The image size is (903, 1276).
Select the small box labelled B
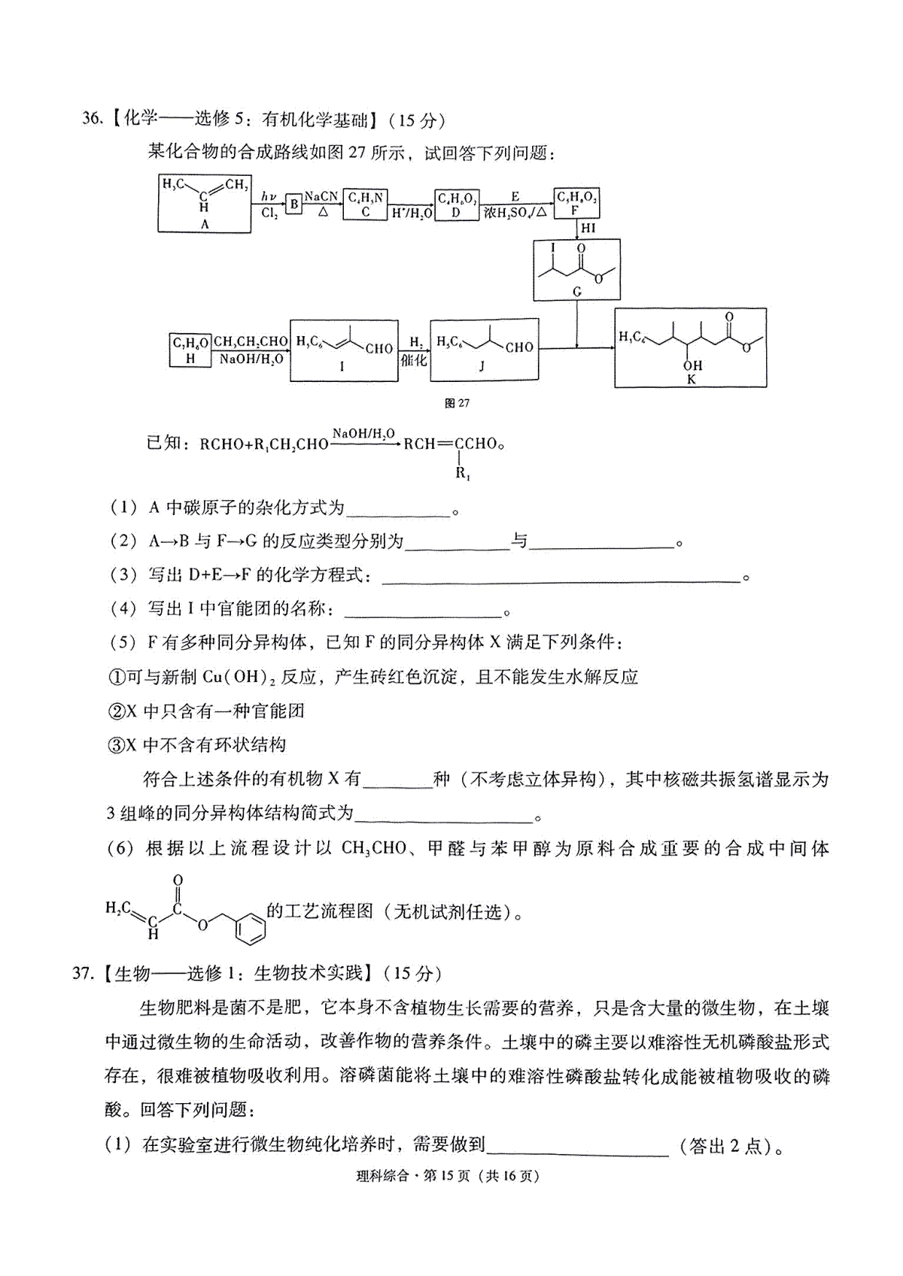click(x=293, y=204)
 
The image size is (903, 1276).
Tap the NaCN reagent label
click(x=321, y=196)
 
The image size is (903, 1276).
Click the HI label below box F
click(x=588, y=229)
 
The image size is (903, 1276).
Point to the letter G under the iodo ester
click(x=577, y=292)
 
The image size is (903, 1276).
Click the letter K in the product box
click(x=692, y=379)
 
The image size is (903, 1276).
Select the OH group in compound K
click(x=692, y=365)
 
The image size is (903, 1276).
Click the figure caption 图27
click(x=457, y=403)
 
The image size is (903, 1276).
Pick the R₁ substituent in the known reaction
click(x=463, y=473)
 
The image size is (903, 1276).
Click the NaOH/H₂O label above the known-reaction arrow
click(x=363, y=434)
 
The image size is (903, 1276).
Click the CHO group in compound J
click(x=518, y=347)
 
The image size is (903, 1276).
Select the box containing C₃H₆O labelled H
click(x=190, y=350)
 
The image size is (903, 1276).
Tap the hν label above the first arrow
click(x=269, y=196)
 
